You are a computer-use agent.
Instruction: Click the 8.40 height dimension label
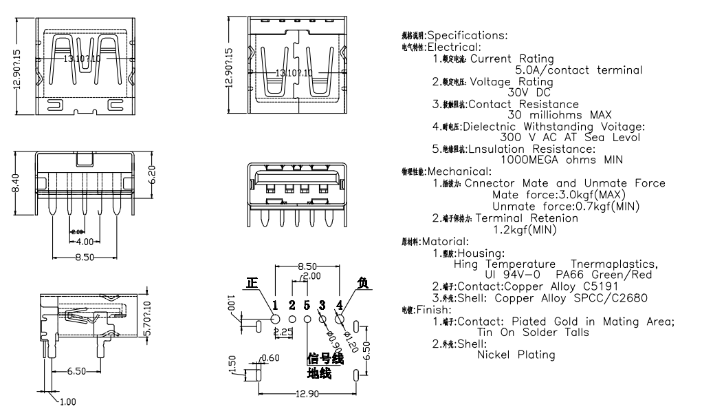(x=14, y=184)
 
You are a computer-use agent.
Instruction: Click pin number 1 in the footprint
(x=275, y=304)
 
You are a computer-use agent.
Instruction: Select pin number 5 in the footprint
(x=307, y=304)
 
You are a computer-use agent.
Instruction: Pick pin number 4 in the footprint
(x=340, y=304)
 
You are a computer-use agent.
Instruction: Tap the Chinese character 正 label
(x=252, y=284)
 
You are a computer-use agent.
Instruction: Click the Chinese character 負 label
(x=362, y=283)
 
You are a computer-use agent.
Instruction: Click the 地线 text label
(x=319, y=374)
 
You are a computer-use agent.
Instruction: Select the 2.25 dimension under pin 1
(x=283, y=333)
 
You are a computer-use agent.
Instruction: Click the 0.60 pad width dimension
(x=272, y=357)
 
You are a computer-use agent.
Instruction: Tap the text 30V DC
(x=529, y=92)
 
